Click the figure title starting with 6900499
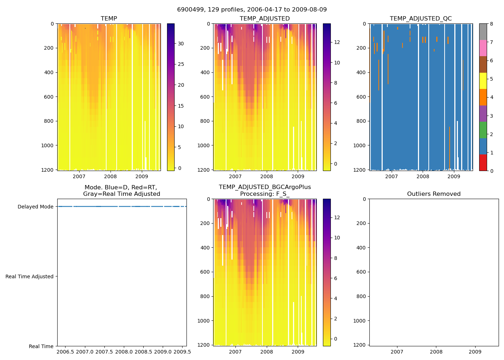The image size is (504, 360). pyautogui.click(x=252, y=10)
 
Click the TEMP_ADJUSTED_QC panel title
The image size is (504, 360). pyautogui.click(x=420, y=19)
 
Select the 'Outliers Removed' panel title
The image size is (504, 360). pyautogui.click(x=434, y=194)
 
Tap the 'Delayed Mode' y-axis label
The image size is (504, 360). pyautogui.click(x=35, y=207)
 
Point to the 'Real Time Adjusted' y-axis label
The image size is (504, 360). pyautogui.click(x=30, y=276)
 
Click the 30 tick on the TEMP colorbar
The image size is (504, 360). pyautogui.click(x=181, y=44)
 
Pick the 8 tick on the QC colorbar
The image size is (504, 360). pyautogui.click(x=491, y=24)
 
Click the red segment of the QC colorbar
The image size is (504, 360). pyautogui.click(x=483, y=163)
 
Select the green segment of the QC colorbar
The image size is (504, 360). pyautogui.click(x=483, y=130)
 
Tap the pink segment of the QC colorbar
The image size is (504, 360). pyautogui.click(x=483, y=48)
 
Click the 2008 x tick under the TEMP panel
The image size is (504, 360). pyautogui.click(x=111, y=176)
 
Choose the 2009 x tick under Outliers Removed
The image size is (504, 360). pyautogui.click(x=475, y=352)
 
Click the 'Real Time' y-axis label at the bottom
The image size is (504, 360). pyautogui.click(x=41, y=346)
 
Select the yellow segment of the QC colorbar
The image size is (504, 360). pyautogui.click(x=483, y=81)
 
